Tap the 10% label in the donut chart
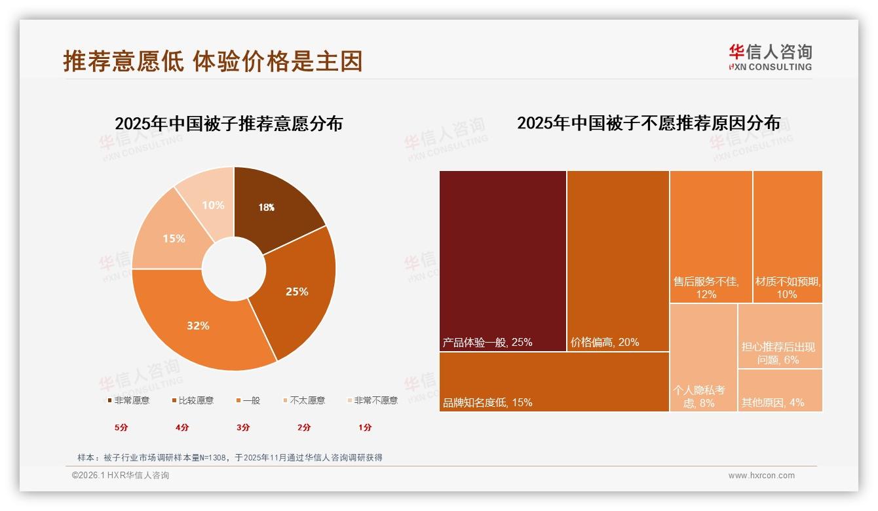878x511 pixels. click(213, 205)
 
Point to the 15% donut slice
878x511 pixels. click(174, 238)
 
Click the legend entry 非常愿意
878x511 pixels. click(128, 400)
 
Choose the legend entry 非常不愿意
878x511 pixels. click(373, 400)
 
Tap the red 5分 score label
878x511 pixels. click(122, 427)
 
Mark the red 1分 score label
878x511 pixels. click(365, 427)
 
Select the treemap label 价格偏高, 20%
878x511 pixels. click(605, 342)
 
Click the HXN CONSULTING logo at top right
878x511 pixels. click(771, 58)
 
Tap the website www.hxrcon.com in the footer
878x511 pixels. click(761, 476)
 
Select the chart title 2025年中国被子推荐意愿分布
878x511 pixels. click(229, 124)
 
